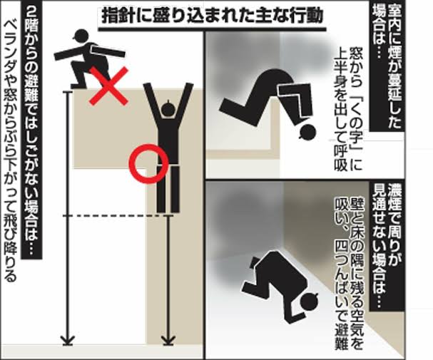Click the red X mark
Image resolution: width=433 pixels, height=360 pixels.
click(x=109, y=86)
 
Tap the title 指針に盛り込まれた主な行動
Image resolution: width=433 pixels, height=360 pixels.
click(x=213, y=16)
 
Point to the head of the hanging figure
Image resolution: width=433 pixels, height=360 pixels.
click(x=168, y=108)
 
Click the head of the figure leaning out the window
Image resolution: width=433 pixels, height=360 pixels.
click(x=307, y=132)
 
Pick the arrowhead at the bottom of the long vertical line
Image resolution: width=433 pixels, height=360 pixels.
click(x=68, y=340)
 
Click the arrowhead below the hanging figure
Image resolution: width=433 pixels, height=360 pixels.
click(x=168, y=340)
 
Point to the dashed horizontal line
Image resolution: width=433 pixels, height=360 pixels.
click(x=115, y=216)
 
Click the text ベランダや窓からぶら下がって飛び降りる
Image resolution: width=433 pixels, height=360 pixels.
click(x=11, y=151)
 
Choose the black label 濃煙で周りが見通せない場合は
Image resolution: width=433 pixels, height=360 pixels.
click(x=387, y=246)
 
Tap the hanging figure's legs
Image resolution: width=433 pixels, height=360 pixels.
click(x=168, y=189)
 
